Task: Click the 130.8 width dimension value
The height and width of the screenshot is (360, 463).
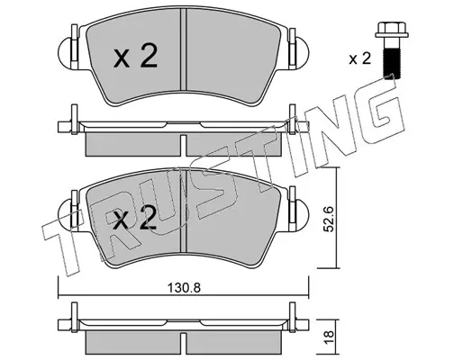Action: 184,288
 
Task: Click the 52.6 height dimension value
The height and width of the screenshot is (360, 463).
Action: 329,219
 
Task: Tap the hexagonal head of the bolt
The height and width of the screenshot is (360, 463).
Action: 392,30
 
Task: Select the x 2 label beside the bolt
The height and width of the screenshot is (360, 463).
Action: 360,58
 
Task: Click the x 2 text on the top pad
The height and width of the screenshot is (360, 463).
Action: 135,56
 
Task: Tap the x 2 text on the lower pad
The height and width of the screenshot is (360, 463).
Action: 134,218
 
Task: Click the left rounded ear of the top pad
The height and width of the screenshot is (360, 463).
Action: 65,54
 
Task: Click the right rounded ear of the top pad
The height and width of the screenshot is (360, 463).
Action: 302,53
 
